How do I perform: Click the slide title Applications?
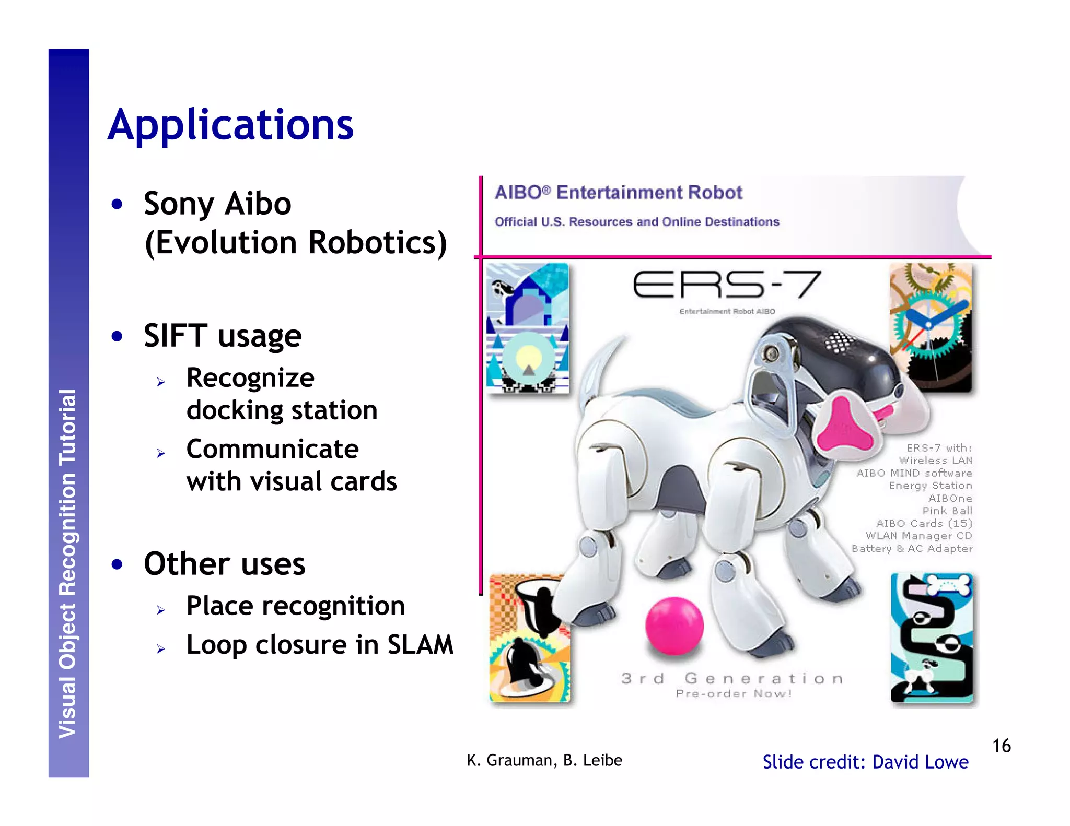coord(230,125)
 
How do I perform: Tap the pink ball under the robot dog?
coord(674,626)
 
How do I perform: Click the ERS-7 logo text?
coord(726,285)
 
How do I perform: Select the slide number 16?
coord(1001,746)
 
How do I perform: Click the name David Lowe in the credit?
coord(920,762)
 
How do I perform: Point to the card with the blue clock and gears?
coord(931,327)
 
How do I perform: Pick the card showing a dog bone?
coord(932,638)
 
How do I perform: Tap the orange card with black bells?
coord(529,638)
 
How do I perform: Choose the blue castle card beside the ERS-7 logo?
coord(527,328)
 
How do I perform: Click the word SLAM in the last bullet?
coord(420,645)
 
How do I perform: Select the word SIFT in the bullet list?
coord(175,335)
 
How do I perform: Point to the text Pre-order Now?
coord(734,694)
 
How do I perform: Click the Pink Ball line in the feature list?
coord(947,511)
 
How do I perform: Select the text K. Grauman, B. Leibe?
coord(544,760)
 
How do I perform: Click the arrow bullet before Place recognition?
coord(161,610)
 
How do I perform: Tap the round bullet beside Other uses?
coord(117,564)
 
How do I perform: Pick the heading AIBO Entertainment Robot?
coord(618,193)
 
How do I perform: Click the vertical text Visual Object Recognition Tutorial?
coord(68,564)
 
